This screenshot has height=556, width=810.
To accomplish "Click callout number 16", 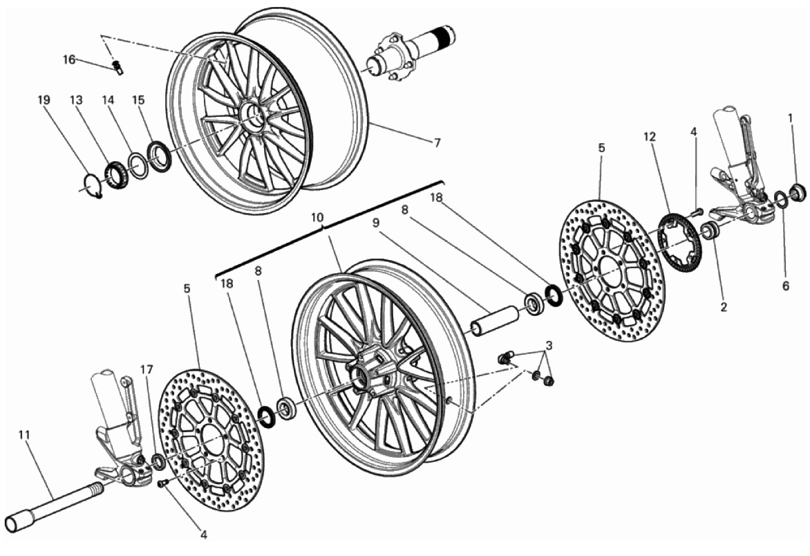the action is [x=69, y=59].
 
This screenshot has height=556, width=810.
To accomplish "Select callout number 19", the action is [x=44, y=100].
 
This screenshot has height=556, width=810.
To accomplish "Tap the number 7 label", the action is [x=437, y=142].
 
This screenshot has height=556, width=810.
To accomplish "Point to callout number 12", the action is [x=650, y=137].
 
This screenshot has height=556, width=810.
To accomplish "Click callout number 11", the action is [x=23, y=435].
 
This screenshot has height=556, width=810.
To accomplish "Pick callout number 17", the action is [x=147, y=369].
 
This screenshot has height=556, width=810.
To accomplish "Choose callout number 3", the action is [x=549, y=345].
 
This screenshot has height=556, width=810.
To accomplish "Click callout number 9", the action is [x=375, y=223].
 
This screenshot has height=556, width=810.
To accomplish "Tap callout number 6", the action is [x=786, y=286].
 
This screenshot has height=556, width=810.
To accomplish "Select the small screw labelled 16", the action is [x=117, y=68].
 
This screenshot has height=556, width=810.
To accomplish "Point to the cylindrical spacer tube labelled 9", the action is [x=494, y=320].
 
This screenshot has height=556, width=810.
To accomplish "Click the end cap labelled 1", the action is [x=799, y=191].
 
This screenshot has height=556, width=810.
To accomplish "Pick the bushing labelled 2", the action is [x=710, y=230].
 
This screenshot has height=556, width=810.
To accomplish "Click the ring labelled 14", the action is [x=138, y=165].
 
